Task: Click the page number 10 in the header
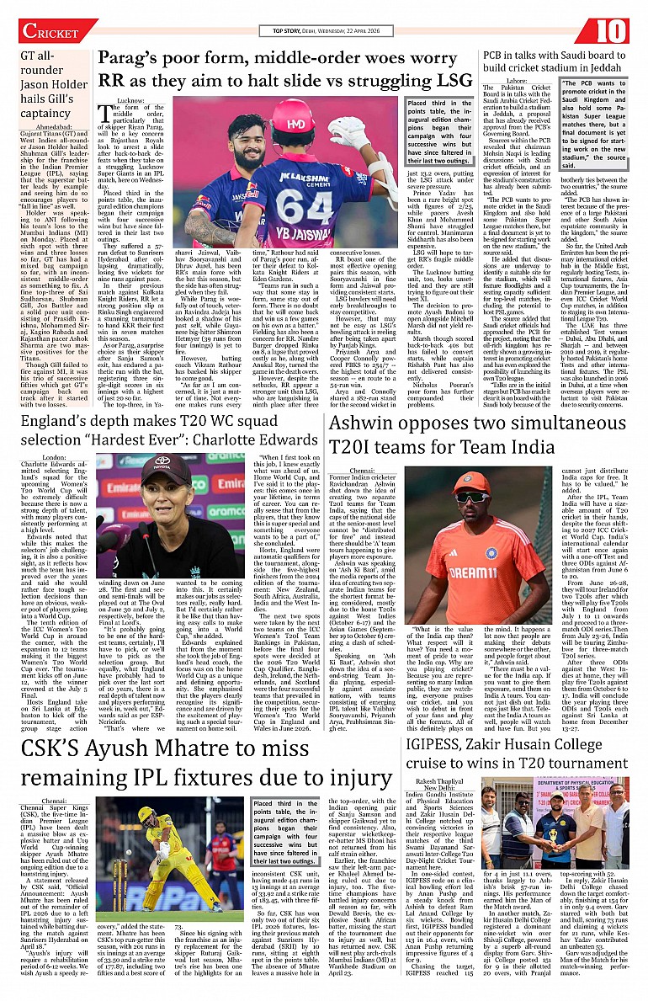pyautogui.click(x=613, y=31)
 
